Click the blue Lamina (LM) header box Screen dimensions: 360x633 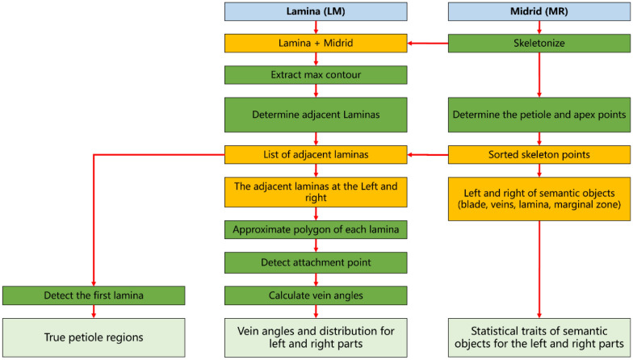[316, 14]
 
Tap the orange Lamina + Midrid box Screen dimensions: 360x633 [316, 43]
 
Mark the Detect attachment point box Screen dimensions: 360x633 [316, 262]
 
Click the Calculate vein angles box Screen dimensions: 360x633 [316, 296]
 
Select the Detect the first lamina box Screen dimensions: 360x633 [94, 296]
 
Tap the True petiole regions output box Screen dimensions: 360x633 [94, 336]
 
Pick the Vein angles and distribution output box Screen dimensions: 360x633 [316, 336]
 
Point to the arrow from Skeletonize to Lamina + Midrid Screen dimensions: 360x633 [425, 43]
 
